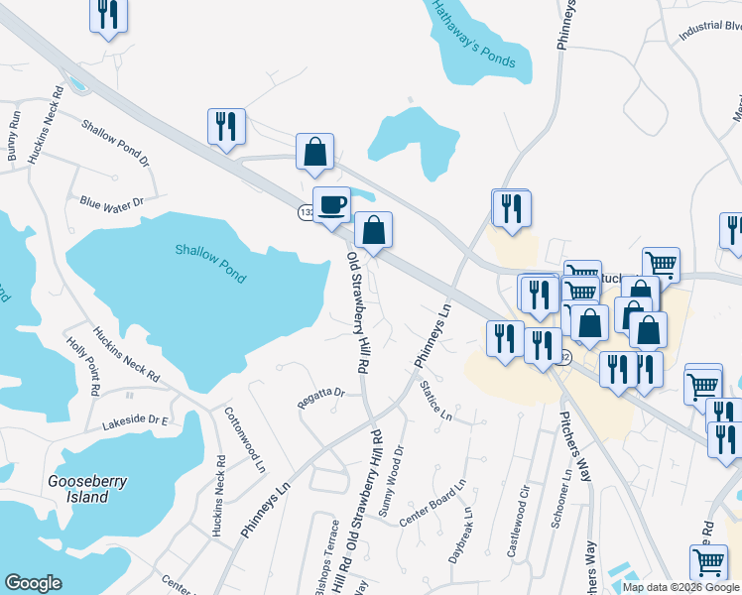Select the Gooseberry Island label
coord(88,489)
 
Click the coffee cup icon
coord(331,204)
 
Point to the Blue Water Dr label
coord(112,202)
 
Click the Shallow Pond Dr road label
coord(115,144)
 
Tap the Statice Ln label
coord(435,401)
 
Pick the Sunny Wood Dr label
coord(392,475)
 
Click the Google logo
coord(33,583)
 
